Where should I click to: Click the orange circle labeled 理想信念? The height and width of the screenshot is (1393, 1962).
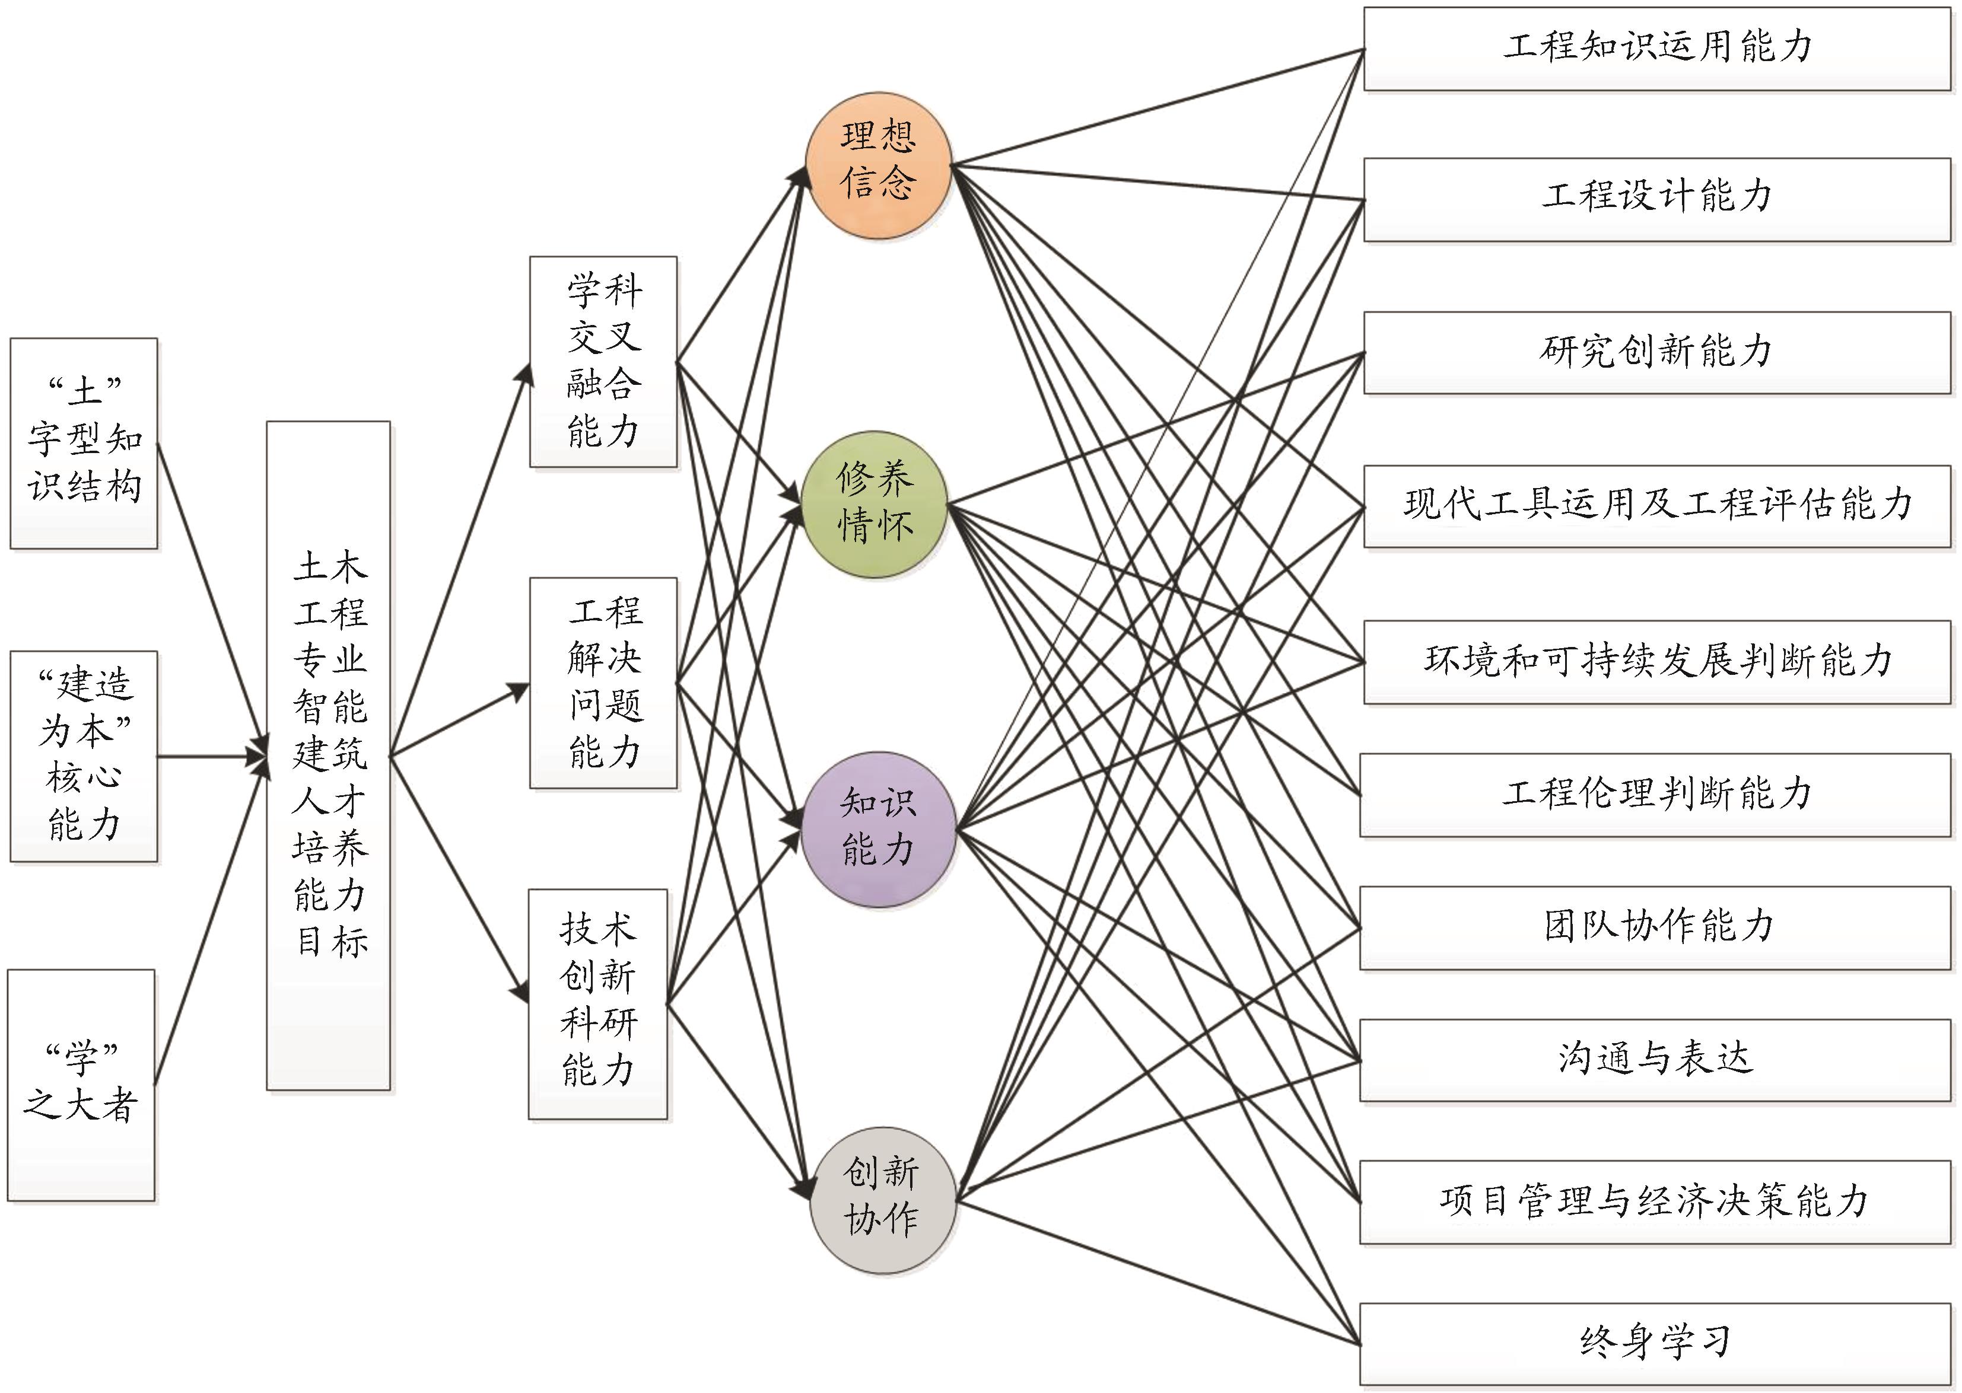point(877,165)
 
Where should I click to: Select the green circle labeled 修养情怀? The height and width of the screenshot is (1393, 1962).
point(875,503)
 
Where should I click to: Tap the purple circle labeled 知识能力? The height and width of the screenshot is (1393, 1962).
point(877,828)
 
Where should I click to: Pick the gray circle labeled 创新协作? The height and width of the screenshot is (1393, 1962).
point(882,1198)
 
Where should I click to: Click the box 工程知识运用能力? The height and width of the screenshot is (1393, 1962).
point(1656,49)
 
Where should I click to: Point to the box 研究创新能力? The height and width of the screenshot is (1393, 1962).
point(1656,352)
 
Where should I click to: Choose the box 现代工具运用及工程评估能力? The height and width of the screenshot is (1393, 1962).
point(1656,506)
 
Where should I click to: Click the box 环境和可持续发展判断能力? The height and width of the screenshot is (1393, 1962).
point(1656,661)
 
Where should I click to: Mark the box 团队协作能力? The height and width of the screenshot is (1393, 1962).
point(1655,928)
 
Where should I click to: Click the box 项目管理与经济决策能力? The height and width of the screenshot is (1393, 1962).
point(1655,1201)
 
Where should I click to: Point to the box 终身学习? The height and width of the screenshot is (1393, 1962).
point(1655,1343)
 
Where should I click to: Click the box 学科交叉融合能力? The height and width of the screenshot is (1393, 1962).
point(603,361)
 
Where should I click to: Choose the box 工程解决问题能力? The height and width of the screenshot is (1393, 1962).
point(603,683)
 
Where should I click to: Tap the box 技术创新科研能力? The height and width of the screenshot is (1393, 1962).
point(598,1003)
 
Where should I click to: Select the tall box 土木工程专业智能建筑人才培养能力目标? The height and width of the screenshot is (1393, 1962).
point(329,755)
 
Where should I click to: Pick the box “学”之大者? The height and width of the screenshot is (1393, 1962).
point(81,1085)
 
